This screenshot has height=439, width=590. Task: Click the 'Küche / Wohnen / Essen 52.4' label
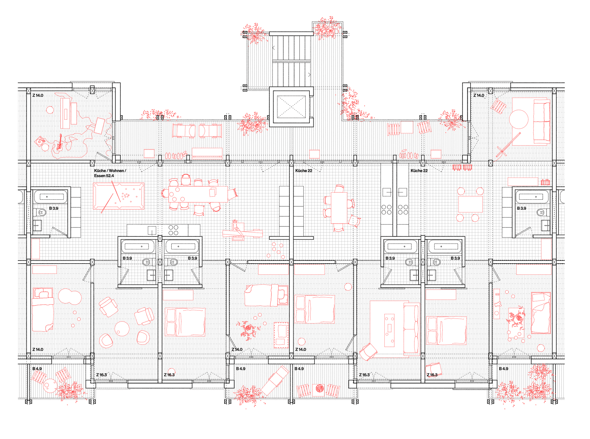click(x=110, y=173)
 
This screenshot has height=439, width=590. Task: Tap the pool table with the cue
click(x=119, y=196)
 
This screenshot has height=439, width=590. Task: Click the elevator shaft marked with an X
click(x=291, y=107)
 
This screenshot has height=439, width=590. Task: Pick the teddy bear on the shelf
click(x=497, y=304)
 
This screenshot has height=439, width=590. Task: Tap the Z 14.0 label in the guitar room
click(x=38, y=95)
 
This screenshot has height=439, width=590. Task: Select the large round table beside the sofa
click(x=519, y=119)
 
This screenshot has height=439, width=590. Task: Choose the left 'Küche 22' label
click(x=304, y=171)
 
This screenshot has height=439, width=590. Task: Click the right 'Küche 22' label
click(x=419, y=171)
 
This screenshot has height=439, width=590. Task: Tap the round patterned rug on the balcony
click(x=319, y=388)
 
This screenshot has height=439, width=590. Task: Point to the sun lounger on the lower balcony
click(x=275, y=380)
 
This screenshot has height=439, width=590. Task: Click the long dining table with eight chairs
click(x=198, y=194)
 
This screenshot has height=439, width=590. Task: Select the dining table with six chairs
click(x=339, y=208)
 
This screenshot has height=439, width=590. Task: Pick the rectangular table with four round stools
click(x=470, y=204)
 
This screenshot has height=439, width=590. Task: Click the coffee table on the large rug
click(x=389, y=330)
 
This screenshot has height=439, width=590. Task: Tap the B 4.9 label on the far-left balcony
click(x=37, y=369)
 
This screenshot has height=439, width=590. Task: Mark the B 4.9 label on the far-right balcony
click(x=504, y=369)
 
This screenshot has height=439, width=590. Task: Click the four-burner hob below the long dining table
click(x=173, y=230)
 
